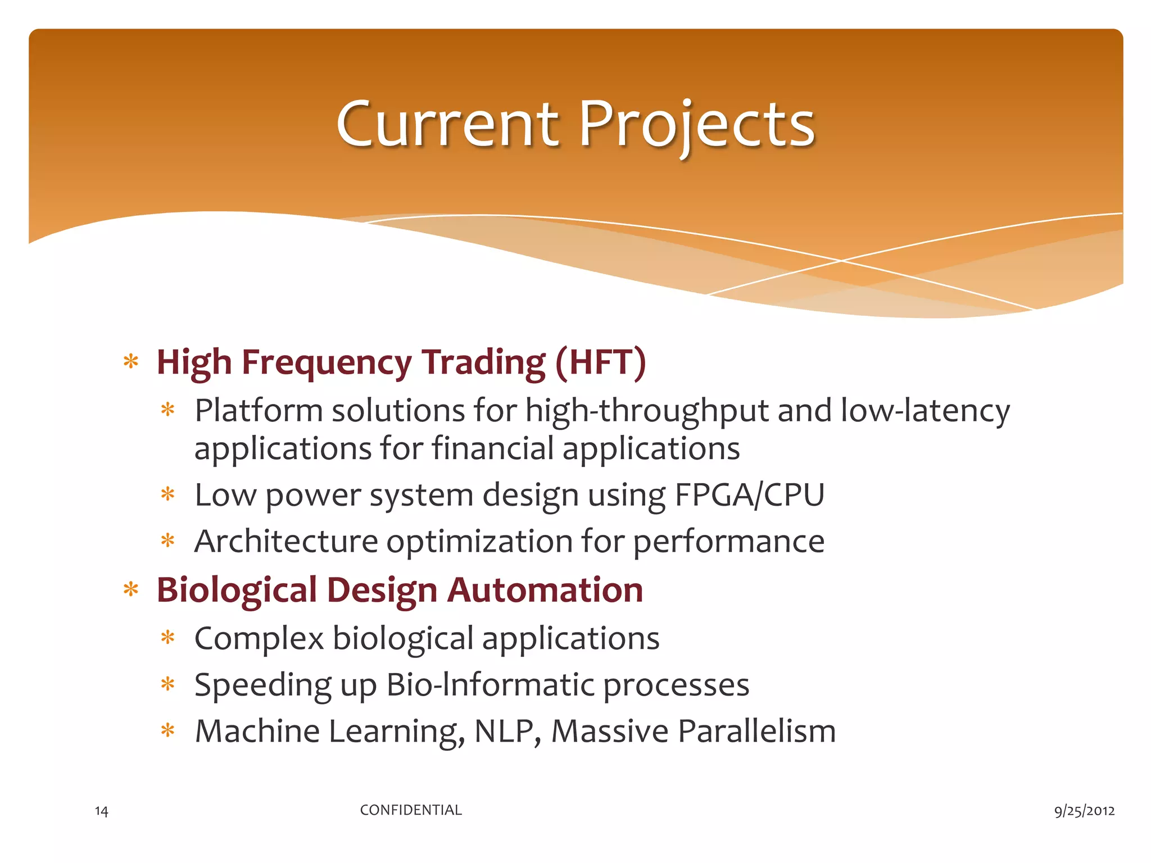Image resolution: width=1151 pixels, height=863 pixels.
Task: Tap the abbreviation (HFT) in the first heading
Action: point(600,362)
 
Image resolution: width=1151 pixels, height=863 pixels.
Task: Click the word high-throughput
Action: point(646,411)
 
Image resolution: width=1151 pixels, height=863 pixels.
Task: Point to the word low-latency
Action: point(925,411)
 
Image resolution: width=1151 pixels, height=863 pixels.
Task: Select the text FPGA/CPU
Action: point(749,495)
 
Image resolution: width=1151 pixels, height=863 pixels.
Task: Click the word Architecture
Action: point(286,541)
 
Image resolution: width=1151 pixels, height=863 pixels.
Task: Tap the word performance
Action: point(729,542)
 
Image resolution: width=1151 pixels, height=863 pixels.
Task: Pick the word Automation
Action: point(545,590)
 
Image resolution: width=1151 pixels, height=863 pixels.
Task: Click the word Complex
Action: point(259,639)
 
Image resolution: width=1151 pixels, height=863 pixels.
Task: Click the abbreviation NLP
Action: point(507,732)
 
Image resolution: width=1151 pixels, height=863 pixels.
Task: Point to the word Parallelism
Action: point(756,732)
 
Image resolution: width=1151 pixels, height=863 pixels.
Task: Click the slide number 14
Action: point(101,811)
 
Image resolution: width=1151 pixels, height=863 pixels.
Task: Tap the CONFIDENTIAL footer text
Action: point(411,810)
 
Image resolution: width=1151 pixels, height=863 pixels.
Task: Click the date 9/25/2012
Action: point(1084,811)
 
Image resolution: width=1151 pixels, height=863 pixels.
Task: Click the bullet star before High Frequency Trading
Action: point(131,361)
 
